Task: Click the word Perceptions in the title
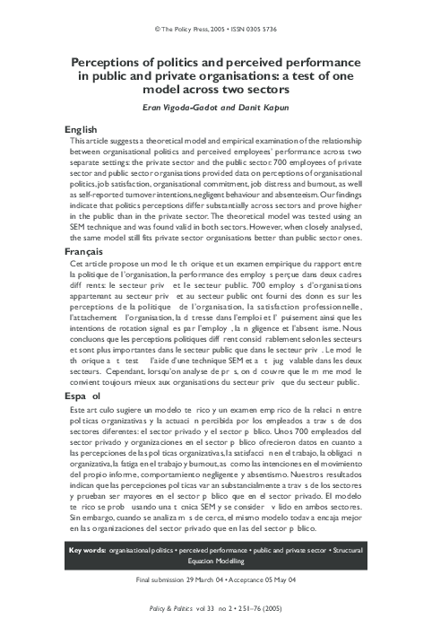point(112,62)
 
